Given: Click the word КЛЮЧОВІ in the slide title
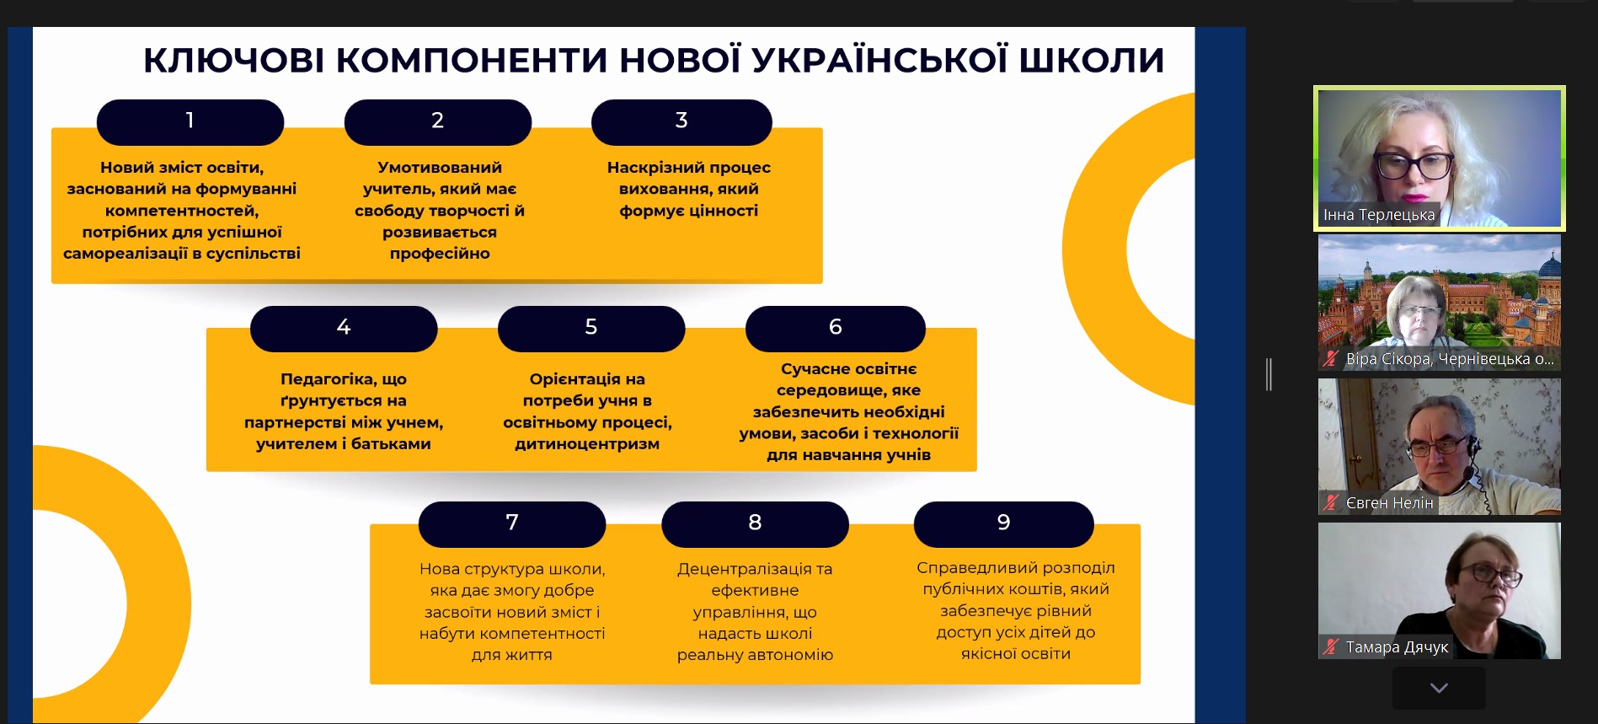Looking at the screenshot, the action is point(233,60).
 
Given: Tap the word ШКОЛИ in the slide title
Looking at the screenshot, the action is point(1092,60).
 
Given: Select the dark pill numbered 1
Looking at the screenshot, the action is point(190,121).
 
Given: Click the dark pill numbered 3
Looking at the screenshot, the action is point(681,121).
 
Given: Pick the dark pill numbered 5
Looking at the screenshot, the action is point(591,328).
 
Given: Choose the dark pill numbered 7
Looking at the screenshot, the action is point(512,523).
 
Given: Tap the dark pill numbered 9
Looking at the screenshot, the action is point(1004,523).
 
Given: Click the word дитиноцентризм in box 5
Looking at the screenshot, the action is point(587,444).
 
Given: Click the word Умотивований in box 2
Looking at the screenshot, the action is point(440,168).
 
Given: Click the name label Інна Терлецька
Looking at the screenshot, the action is point(1379,215).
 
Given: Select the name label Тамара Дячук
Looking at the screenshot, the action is point(1397,647).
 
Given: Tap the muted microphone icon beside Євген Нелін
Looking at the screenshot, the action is point(1331,503).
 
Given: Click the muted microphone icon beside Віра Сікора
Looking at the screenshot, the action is point(1331,359).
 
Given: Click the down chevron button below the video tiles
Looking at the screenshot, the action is point(1439,688).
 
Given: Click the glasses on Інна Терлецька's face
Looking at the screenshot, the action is point(1414,165).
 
